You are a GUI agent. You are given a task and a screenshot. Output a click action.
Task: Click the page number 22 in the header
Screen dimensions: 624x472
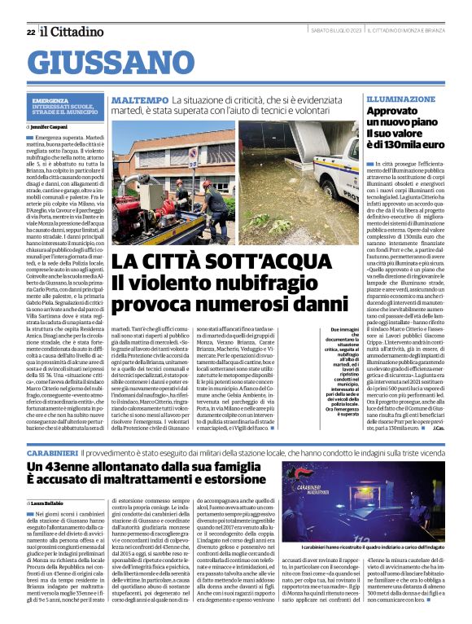pos(30,32)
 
